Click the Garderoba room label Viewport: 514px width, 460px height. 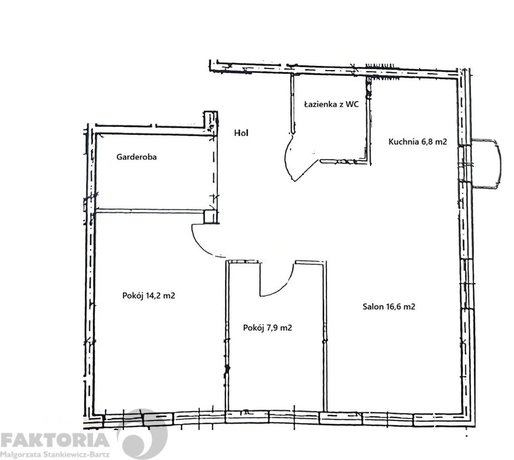(137, 157)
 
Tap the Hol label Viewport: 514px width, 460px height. (241, 133)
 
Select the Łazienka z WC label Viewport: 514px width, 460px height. (331, 104)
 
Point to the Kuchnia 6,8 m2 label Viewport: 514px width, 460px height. (418, 141)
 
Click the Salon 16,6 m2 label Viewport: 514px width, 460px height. (389, 307)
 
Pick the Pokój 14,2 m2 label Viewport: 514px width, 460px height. (149, 296)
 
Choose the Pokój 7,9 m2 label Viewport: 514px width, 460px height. (268, 328)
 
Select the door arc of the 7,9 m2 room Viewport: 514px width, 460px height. (282, 288)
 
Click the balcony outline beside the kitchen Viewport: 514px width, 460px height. (498, 164)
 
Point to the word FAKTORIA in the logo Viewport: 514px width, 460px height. (55, 440)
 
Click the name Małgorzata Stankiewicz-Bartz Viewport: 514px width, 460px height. (55, 455)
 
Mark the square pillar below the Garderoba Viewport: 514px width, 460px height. (210, 217)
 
